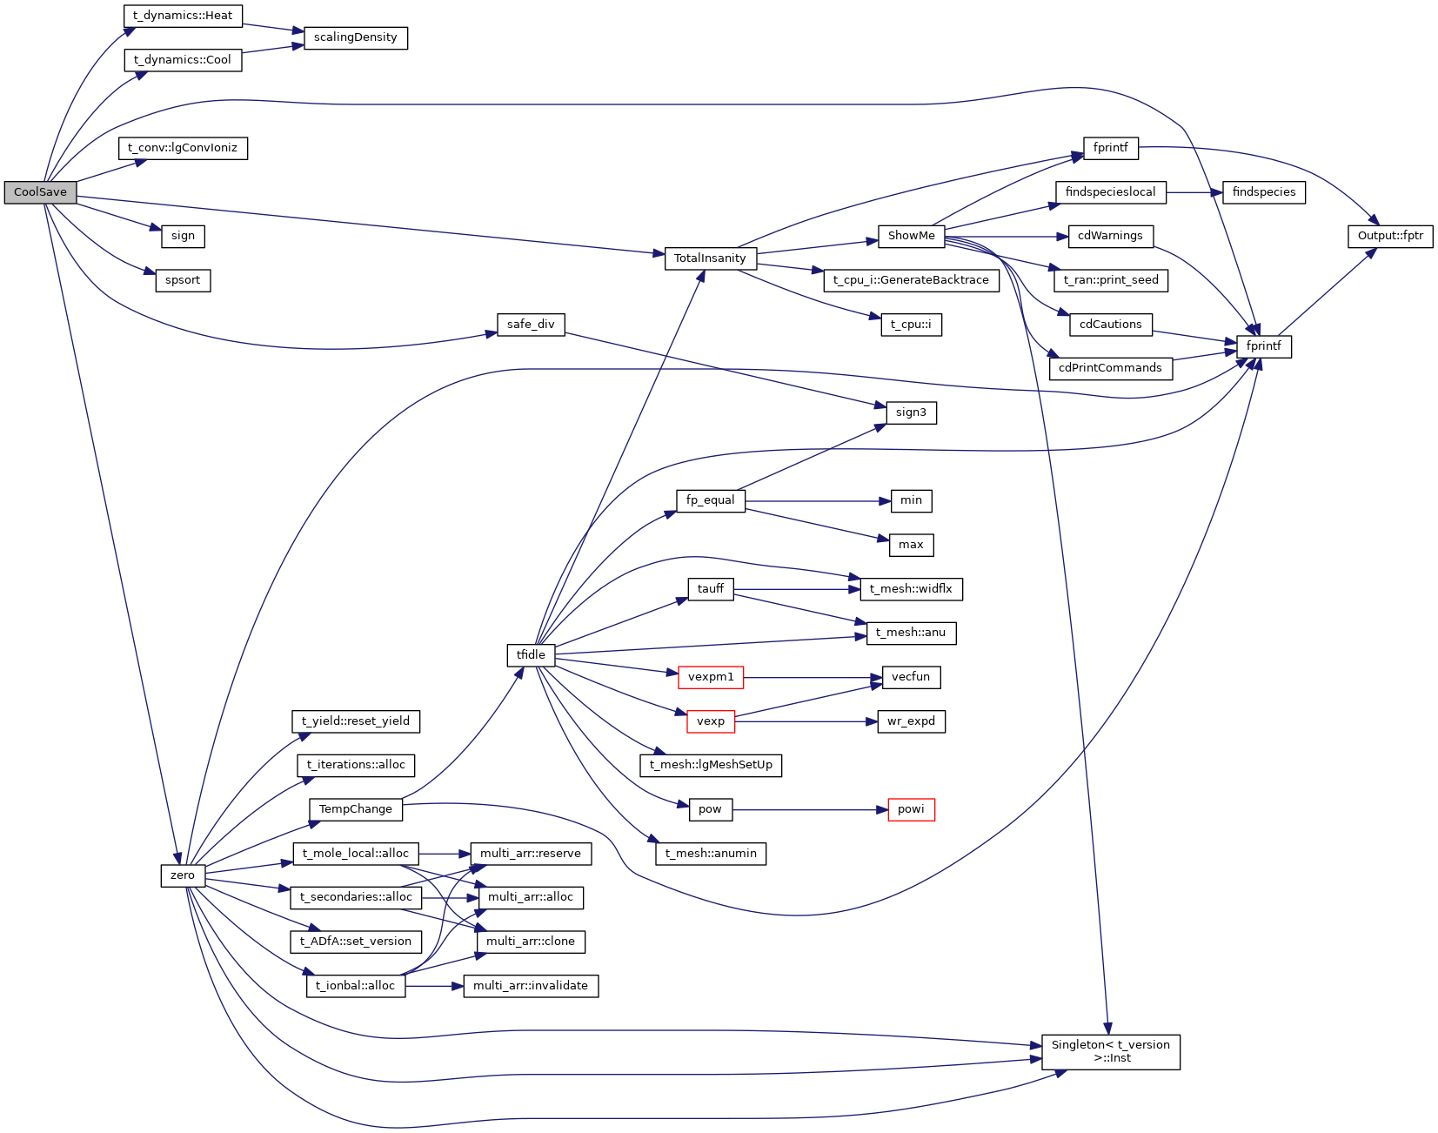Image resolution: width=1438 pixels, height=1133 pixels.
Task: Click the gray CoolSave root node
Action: coord(40,192)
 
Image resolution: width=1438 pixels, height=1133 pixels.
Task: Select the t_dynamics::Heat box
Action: coord(183,16)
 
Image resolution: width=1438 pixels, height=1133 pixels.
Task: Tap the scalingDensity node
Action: coord(355,37)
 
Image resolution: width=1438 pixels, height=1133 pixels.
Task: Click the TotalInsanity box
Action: coord(710,258)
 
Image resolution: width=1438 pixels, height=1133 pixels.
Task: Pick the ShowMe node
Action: coord(911,236)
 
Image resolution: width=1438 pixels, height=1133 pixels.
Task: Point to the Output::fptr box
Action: coord(1390,236)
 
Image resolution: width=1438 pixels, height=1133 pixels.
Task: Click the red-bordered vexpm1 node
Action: coord(711,677)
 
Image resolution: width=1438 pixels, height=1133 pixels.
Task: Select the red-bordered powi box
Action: coord(911,809)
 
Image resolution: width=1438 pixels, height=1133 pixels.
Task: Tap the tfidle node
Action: coord(531,655)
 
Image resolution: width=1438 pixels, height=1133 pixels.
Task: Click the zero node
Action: coord(183,875)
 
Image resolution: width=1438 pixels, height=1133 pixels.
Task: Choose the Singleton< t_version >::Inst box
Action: coord(1111,1051)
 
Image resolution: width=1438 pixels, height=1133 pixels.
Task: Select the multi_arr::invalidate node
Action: coord(531,986)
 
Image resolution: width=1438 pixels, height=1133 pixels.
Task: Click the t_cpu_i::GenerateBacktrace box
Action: coord(911,280)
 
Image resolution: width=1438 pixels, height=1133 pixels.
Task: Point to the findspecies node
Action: coord(1263,192)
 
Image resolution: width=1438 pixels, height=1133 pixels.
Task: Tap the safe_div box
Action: coord(531,325)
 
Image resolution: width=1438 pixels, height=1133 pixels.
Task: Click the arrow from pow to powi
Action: coord(809,810)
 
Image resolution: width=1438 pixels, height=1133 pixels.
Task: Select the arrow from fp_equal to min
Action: coord(818,501)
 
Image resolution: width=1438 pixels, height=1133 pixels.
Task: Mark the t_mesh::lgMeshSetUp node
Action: coord(711,765)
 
